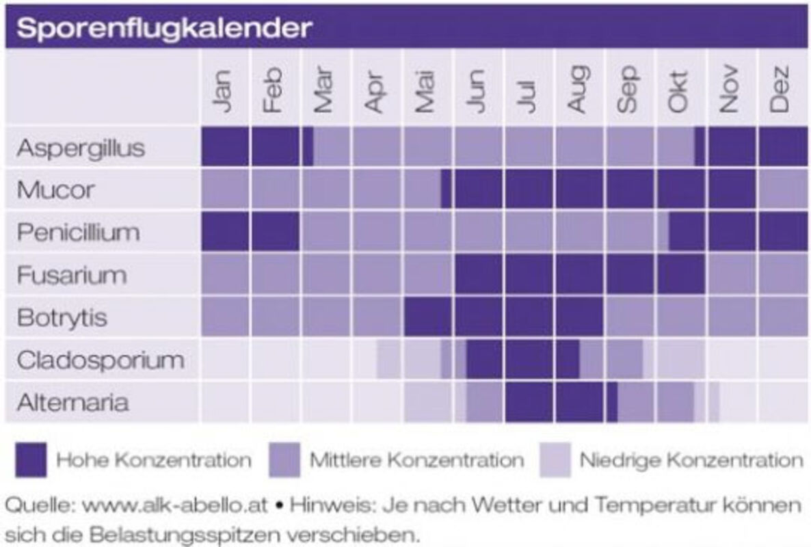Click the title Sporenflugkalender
coord(164,28)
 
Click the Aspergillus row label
coord(81,148)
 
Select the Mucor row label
coord(55,190)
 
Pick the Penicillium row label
coord(78,232)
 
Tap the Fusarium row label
coord(72,275)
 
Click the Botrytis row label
coord(62,317)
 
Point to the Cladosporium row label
coord(101,360)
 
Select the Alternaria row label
coord(72,402)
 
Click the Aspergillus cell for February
coord(275,147)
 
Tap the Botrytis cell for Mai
coord(427,317)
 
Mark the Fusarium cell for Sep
coord(630,274)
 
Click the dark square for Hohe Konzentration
coord(31,459)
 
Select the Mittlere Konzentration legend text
coord(416,460)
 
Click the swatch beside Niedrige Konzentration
coord(555,459)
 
